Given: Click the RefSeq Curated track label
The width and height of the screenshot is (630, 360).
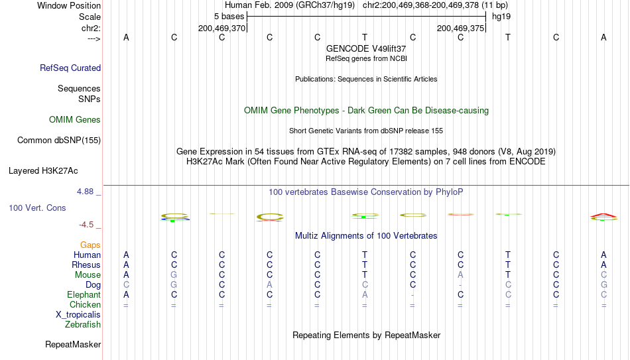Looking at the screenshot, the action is click(70, 68).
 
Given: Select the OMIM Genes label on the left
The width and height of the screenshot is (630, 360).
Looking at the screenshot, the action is click(75, 120).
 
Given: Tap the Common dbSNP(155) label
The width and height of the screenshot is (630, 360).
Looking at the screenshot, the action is click(59, 141).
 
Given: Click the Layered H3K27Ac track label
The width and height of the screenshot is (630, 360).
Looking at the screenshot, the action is click(43, 171).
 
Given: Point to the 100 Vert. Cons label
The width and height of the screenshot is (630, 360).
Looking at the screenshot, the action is click(37, 208).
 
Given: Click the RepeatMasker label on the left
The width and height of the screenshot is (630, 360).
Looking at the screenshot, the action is click(73, 344).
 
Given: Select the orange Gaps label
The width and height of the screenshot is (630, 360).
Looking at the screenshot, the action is click(90, 245).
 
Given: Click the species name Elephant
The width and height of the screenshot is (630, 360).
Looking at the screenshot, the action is click(84, 294).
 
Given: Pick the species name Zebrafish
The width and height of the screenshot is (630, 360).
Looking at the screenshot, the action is click(83, 324).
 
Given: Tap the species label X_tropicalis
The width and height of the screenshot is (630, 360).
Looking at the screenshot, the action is click(78, 315).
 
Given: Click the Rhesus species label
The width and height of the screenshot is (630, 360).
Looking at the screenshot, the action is click(86, 265).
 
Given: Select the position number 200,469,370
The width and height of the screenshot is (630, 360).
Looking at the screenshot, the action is click(221, 28).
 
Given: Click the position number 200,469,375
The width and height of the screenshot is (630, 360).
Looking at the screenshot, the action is click(460, 28).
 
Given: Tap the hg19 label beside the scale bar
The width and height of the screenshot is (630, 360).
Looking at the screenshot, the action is click(501, 17).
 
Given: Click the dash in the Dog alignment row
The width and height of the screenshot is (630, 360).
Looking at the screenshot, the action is click(460, 286).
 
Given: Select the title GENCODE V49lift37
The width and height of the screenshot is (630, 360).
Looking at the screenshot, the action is click(366, 48).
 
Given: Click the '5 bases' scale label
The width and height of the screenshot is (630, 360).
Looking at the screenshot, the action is click(229, 17).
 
